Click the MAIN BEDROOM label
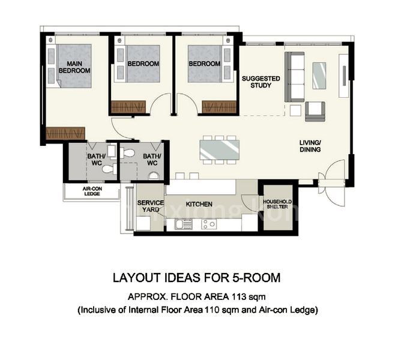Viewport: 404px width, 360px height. (74, 67)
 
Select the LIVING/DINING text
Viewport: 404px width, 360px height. (310, 146)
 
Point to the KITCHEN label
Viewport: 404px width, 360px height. (199, 205)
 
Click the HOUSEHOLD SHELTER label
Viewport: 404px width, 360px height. (276, 204)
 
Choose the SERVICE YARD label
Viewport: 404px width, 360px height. (149, 206)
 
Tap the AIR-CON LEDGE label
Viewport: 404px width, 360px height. (91, 191)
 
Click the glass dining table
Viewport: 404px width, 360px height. (219, 149)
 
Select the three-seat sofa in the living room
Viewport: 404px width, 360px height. (294, 76)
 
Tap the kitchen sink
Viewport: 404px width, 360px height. (184, 224)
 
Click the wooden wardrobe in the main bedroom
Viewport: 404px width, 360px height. (66, 133)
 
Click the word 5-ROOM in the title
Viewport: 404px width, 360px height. (259, 278)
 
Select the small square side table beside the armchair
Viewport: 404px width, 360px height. (295, 110)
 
